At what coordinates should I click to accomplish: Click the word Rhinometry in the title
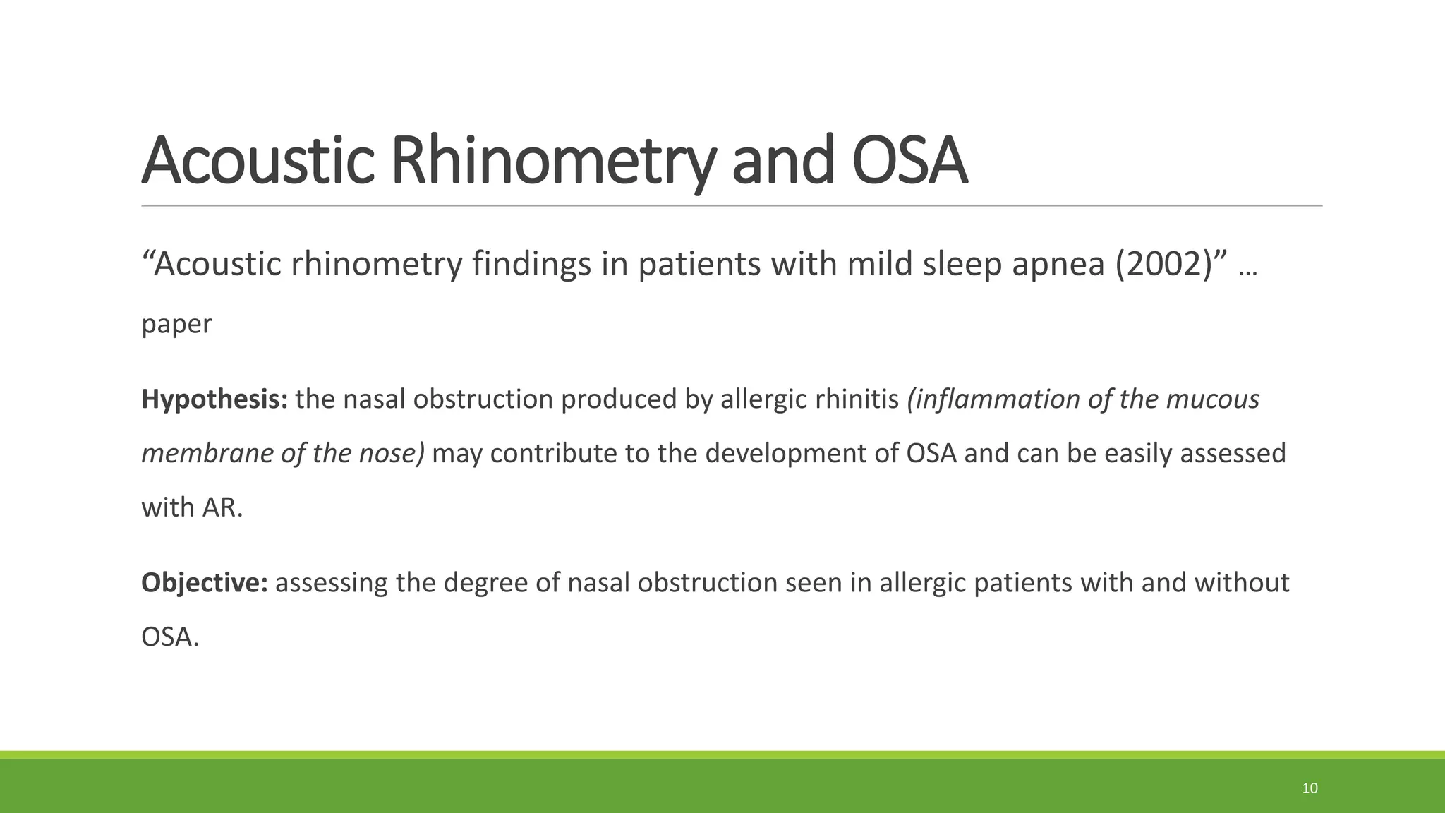point(550,162)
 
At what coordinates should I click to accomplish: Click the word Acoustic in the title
point(258,162)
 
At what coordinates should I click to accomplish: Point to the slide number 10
point(1310,788)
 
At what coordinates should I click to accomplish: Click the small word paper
point(176,325)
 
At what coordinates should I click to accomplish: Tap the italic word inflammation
point(994,399)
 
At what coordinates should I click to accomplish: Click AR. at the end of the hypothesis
point(222,507)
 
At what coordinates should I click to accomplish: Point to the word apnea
point(1058,265)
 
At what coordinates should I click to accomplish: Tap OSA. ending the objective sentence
point(170,637)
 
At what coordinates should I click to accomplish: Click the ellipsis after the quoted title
point(1247,270)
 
